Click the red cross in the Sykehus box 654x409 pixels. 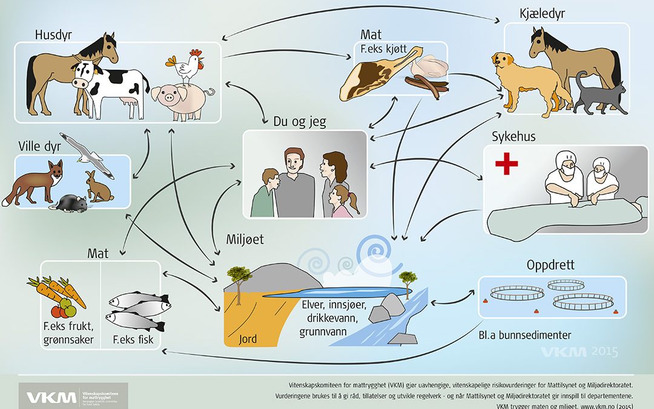pos(506,163)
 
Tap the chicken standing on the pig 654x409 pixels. pos(187,67)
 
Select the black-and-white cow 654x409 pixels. pos(109,88)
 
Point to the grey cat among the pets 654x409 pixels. pos(600,95)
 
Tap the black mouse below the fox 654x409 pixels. pos(70,203)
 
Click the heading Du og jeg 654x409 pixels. pos(300,121)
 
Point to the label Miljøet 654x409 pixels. pos(245,239)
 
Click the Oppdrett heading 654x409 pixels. pos(550,265)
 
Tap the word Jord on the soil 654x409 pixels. pos(248,339)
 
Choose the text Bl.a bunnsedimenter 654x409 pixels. pos(524,334)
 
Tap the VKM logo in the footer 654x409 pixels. pos(51,397)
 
